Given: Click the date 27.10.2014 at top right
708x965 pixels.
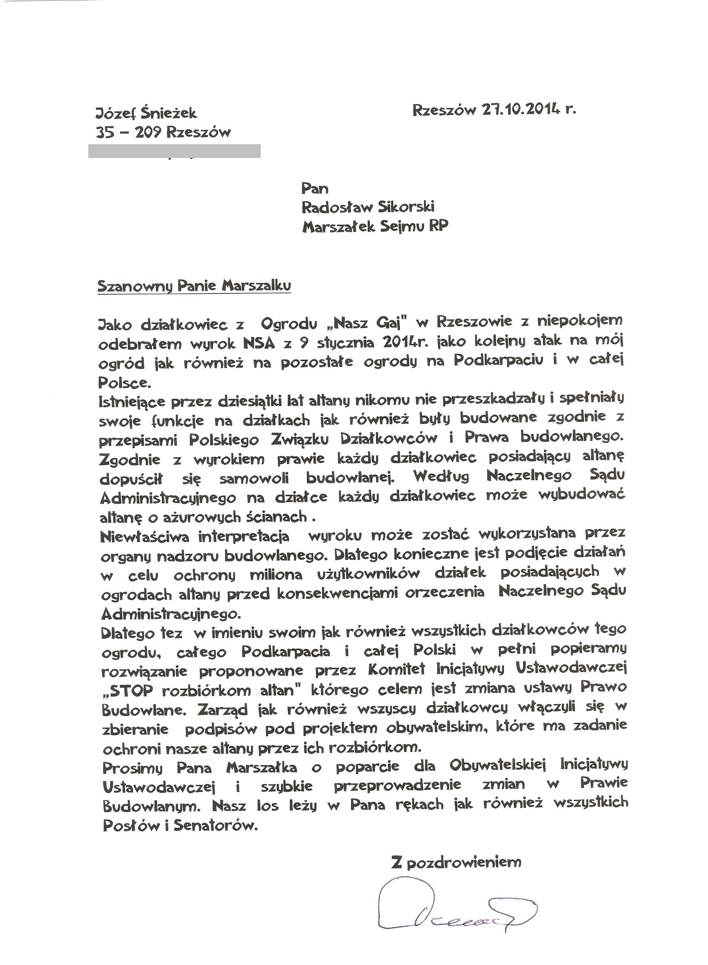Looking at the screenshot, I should coord(521,110).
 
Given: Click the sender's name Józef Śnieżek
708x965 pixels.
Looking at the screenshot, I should coord(146,113).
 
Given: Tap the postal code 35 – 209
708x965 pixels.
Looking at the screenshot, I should coord(127,133).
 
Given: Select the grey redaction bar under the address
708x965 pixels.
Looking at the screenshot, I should coord(174,151).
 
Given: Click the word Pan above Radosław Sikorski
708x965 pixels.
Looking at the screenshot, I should coord(315,188).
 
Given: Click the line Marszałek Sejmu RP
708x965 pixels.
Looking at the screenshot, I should coord(375,226).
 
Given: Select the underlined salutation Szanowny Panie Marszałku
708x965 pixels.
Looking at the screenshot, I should coord(194,286).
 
